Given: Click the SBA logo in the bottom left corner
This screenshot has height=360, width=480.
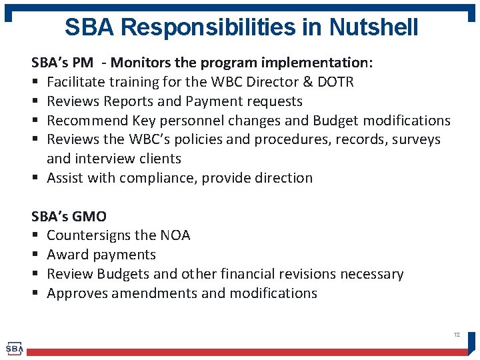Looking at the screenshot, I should click(x=14, y=349).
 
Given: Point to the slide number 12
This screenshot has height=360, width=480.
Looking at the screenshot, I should click(x=457, y=334).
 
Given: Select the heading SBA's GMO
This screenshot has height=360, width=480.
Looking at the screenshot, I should click(x=69, y=217).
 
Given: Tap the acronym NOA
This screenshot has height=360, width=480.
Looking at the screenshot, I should click(x=175, y=235).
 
